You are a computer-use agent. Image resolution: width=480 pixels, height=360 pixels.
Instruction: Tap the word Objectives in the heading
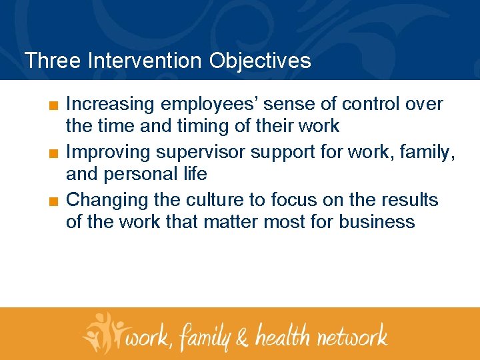pos(259,61)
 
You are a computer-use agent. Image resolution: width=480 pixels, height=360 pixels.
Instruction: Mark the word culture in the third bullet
pos(218,200)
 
